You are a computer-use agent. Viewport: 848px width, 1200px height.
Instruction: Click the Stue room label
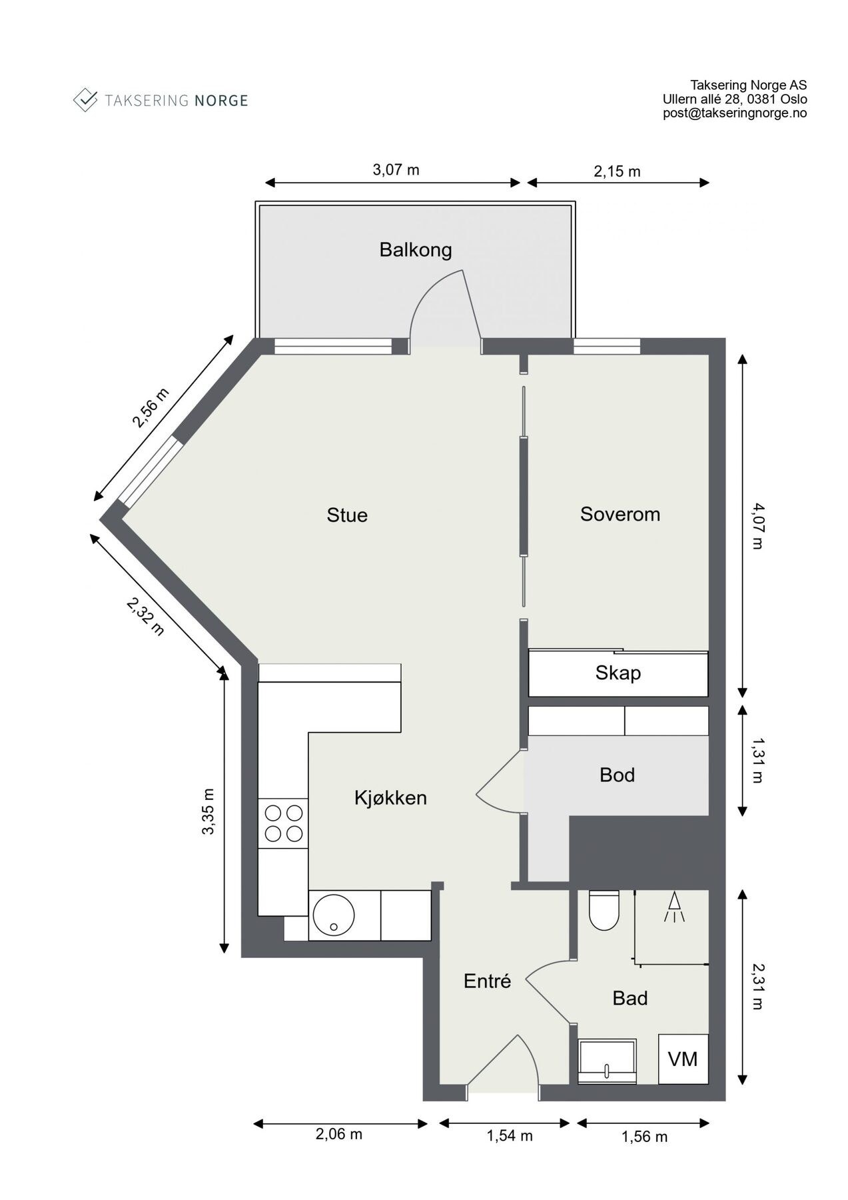pos(346,515)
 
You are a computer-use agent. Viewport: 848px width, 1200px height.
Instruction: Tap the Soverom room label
pos(620,514)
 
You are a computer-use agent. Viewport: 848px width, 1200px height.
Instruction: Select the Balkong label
pos(415,250)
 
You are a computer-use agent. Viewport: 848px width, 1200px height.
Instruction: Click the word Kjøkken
pos(390,797)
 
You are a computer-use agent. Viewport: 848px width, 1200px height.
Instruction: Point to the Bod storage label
pos(617,775)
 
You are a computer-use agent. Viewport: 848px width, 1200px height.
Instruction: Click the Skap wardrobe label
pos(618,673)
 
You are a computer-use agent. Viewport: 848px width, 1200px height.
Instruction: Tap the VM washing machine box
pos(683,1059)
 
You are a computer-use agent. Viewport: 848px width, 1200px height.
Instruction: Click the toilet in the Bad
pos(604,911)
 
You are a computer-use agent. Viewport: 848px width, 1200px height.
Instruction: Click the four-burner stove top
pos(283,823)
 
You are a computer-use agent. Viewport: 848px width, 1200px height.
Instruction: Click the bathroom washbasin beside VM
pos(607,1061)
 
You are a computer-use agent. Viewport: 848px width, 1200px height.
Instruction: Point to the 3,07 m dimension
pos(396,169)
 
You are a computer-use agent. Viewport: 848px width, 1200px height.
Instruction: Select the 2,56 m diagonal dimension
pos(151,407)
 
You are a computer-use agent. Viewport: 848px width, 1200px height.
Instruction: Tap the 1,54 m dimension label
pos(509,1135)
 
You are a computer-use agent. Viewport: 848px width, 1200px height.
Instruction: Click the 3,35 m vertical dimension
pos(209,811)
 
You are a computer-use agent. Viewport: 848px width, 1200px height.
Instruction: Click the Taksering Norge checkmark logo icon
pos(85,100)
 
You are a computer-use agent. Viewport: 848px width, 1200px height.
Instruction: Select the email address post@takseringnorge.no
pos(735,113)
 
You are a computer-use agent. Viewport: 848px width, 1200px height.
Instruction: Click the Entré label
pos(487,981)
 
